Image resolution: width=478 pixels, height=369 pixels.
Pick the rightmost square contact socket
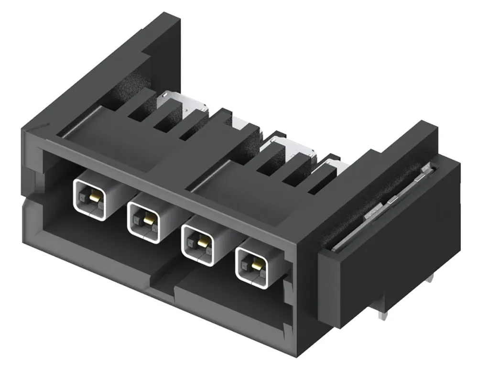[x=253, y=266]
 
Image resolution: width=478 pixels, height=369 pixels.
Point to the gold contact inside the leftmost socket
[x=94, y=196]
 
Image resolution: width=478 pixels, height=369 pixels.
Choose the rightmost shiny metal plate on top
[x=335, y=165]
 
